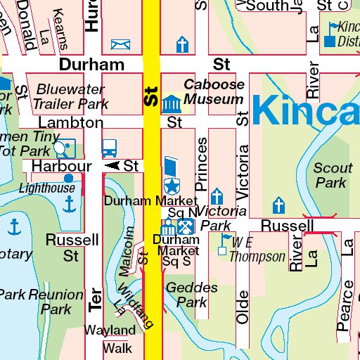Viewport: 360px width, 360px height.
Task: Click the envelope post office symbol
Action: (x=121, y=45)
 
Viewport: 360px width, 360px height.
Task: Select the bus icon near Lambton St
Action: (x=109, y=148)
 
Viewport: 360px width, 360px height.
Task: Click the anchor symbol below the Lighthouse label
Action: (x=69, y=205)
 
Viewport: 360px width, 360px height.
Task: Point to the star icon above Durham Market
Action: (x=171, y=186)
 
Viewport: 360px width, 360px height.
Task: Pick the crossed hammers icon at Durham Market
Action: (x=186, y=227)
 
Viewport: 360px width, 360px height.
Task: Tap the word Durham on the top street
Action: (x=91, y=65)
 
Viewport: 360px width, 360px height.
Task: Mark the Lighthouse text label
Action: (x=46, y=188)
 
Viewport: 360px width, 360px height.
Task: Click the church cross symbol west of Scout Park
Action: (x=278, y=206)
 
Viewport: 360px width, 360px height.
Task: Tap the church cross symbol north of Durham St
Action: (x=182, y=45)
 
